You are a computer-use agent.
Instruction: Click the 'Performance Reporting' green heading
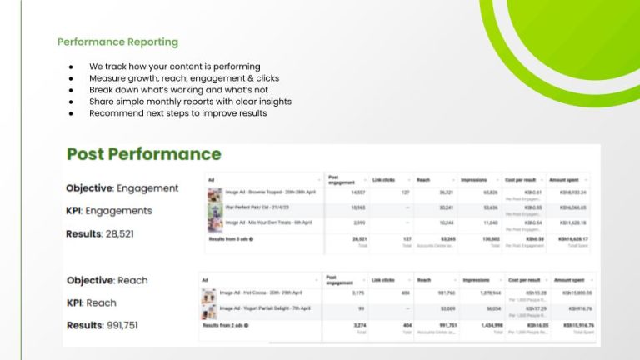pyautogui.click(x=117, y=42)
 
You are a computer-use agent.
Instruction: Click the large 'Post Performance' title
pyautogui.click(x=143, y=154)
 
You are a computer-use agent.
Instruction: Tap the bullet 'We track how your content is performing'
pyautogui.click(x=174, y=66)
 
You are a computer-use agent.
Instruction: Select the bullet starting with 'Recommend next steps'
pyautogui.click(x=177, y=112)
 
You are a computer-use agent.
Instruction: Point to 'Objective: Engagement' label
pyautogui.click(x=122, y=188)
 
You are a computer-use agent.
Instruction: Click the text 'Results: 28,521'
pyautogui.click(x=99, y=234)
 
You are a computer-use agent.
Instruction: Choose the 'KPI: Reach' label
pyautogui.click(x=91, y=302)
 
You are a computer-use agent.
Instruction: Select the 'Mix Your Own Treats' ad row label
pyautogui.click(x=259, y=222)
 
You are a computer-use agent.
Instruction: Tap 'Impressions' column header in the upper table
pyautogui.click(x=476, y=179)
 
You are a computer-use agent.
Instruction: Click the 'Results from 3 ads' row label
pyautogui.click(x=230, y=238)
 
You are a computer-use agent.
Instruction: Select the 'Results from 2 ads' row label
pyautogui.click(x=225, y=324)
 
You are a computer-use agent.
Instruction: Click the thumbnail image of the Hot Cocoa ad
pyautogui.click(x=208, y=293)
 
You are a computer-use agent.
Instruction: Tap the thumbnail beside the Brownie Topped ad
pyautogui.click(x=213, y=193)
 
